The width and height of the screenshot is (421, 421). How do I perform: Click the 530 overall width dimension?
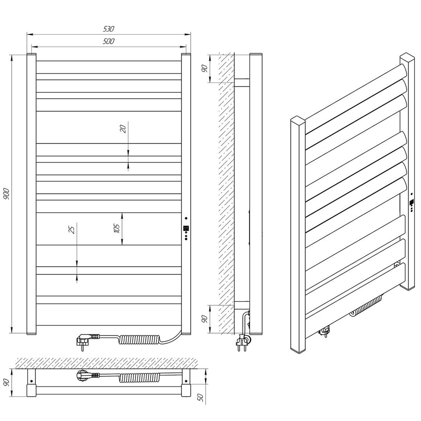click(109, 29)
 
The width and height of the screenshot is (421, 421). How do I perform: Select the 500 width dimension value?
click(109, 41)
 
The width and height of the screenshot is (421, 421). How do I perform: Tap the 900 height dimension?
click(7, 194)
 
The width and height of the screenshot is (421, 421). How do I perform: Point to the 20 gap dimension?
click(123, 130)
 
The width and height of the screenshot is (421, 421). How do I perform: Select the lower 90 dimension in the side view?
click(205, 319)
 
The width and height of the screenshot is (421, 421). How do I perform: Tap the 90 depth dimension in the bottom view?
click(7, 382)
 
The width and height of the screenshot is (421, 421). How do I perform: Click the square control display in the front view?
click(186, 228)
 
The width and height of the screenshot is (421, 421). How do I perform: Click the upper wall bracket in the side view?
click(242, 83)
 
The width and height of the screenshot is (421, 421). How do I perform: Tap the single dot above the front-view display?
click(186, 218)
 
